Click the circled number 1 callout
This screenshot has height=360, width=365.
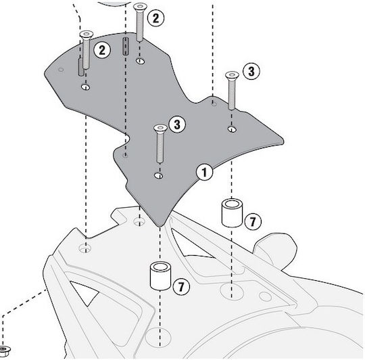204,173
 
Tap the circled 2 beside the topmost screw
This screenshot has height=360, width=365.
155,18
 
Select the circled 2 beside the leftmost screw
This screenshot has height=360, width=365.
102,50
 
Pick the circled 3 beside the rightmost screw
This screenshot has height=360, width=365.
251,71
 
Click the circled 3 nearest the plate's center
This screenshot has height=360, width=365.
177,125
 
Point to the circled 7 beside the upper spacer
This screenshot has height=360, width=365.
253,221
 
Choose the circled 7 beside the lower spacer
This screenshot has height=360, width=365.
181,286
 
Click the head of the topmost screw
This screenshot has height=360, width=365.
140,7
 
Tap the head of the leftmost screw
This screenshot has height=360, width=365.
87,35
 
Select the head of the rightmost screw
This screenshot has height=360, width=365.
232,75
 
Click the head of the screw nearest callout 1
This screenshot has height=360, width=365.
160,128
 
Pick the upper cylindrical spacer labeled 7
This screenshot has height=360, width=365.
232,212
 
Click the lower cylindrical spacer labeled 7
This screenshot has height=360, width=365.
160,276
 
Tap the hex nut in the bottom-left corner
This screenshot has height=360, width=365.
4,351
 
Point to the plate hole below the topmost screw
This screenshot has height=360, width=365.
140,62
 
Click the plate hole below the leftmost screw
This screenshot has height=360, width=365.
86,87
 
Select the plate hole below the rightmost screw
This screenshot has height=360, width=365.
232,129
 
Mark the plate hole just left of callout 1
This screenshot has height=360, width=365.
159,175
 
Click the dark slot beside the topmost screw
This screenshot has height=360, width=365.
126,46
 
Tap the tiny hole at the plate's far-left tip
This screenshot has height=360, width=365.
61,70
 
